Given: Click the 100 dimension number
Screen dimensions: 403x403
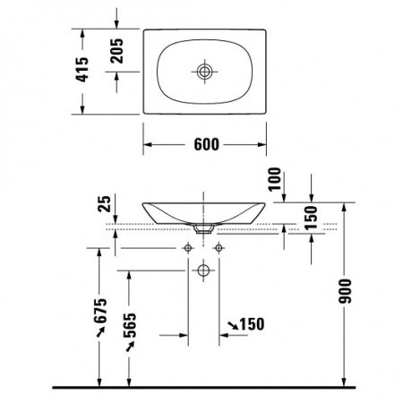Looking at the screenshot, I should [274, 182].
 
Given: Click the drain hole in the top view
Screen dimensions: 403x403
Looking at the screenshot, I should [205, 69].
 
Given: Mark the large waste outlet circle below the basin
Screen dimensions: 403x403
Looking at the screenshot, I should [205, 269].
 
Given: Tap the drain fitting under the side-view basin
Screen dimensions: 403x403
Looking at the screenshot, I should [205, 229].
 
